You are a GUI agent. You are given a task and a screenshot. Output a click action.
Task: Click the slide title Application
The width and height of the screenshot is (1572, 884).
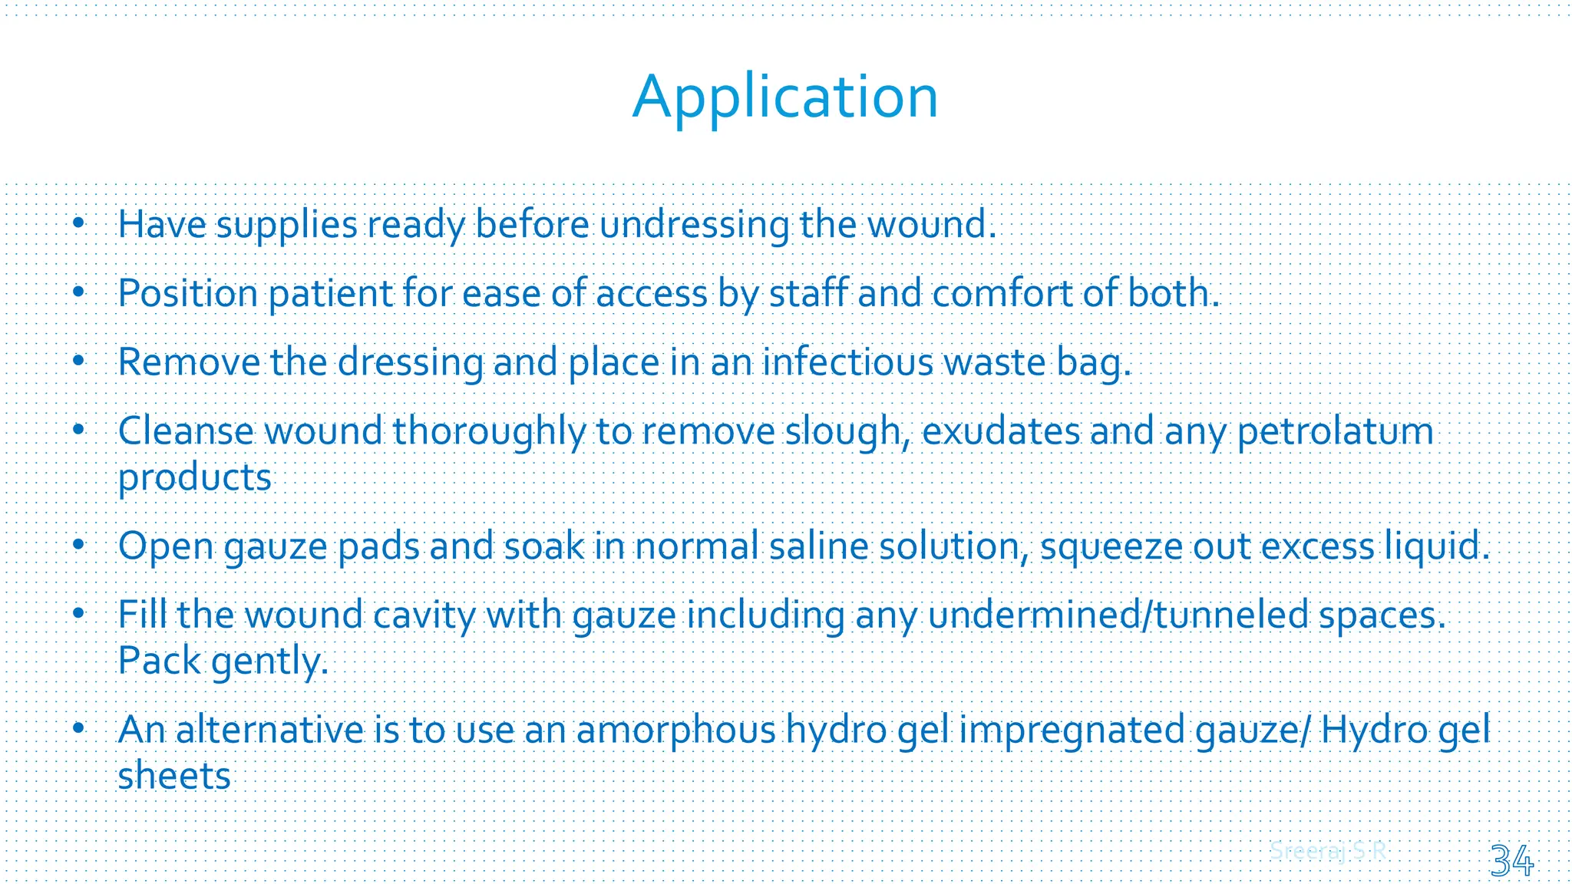pos(785,97)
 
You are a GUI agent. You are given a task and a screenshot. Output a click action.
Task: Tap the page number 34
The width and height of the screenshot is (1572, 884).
pos(1511,860)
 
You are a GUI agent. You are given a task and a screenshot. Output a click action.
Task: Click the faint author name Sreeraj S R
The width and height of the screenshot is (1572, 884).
pos(1328,851)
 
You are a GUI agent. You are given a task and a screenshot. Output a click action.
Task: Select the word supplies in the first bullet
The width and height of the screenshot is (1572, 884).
pos(286,226)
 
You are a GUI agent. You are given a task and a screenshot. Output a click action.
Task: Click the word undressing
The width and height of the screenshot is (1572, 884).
pos(694,226)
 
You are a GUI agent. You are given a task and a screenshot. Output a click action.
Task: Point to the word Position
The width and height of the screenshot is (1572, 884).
pos(187,295)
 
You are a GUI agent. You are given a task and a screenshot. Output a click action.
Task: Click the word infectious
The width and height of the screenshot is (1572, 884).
pos(847,363)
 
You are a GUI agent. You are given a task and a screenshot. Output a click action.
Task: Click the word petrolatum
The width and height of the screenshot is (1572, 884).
pos(1335,432)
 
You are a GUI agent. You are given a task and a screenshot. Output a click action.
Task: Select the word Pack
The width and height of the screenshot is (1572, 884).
pos(159,661)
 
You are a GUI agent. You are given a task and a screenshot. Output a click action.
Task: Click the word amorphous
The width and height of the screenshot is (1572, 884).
pos(675,731)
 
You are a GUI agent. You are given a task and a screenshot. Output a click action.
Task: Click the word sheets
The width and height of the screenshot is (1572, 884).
pos(174,777)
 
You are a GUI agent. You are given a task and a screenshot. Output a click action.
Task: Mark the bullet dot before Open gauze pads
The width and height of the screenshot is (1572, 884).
pos(78,546)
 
